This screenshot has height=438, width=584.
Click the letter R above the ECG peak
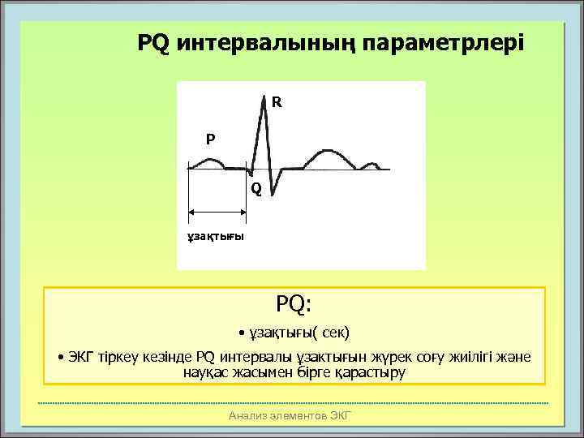[277, 103]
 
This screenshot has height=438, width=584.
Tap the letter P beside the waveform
[210, 139]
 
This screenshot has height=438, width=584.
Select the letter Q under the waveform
[255, 189]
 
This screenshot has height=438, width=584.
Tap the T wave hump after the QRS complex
[328, 154]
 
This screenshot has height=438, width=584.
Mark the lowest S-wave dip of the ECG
[272, 196]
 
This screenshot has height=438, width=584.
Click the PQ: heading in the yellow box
[294, 304]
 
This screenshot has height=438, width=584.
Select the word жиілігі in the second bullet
[466, 357]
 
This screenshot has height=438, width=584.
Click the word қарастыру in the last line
[376, 372]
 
